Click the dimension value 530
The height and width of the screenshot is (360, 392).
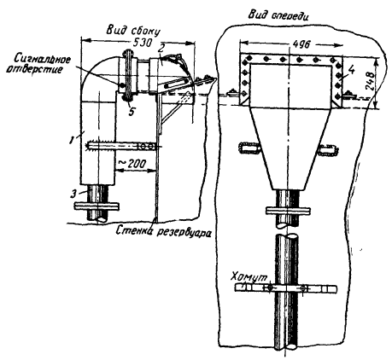pos(142,43)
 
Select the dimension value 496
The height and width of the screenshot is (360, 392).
pos(301,45)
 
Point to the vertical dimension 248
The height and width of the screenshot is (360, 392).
pos(369,81)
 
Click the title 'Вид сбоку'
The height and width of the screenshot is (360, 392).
pos(133,31)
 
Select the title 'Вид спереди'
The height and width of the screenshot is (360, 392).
pos(278,15)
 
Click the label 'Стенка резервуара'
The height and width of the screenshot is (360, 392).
pos(164,231)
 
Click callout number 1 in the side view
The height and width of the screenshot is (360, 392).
pos(73,139)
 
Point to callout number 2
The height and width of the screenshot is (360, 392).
pos(161,49)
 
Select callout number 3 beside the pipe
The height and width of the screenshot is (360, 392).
pos(73,195)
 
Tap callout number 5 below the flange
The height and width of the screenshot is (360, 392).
pos(132,111)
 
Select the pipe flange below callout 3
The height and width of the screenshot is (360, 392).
pos(97,206)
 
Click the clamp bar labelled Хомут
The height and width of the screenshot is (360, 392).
pos(286,288)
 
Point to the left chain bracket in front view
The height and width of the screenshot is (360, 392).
pos(249,148)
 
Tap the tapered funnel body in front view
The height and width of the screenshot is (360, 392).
pos(290,148)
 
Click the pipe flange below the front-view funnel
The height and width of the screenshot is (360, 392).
pos(288,211)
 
